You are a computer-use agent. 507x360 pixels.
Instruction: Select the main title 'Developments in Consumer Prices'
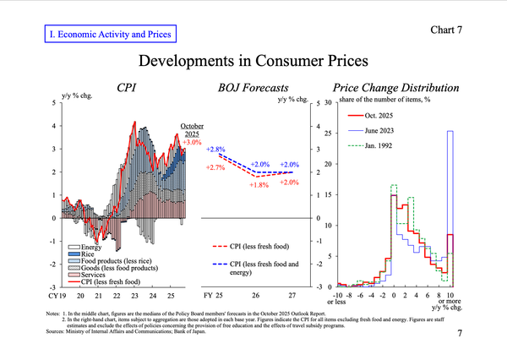pos(253,61)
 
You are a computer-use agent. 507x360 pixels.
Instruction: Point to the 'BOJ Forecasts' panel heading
pos(253,87)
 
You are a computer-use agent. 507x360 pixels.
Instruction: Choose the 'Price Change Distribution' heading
pos(396,87)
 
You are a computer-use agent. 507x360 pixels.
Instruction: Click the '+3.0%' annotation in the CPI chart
pos(192,143)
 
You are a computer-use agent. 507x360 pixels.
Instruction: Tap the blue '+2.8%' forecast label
pos(215,149)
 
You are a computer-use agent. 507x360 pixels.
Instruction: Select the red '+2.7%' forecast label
pos(215,168)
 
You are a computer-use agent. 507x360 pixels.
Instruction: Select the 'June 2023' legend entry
pos(385,130)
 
